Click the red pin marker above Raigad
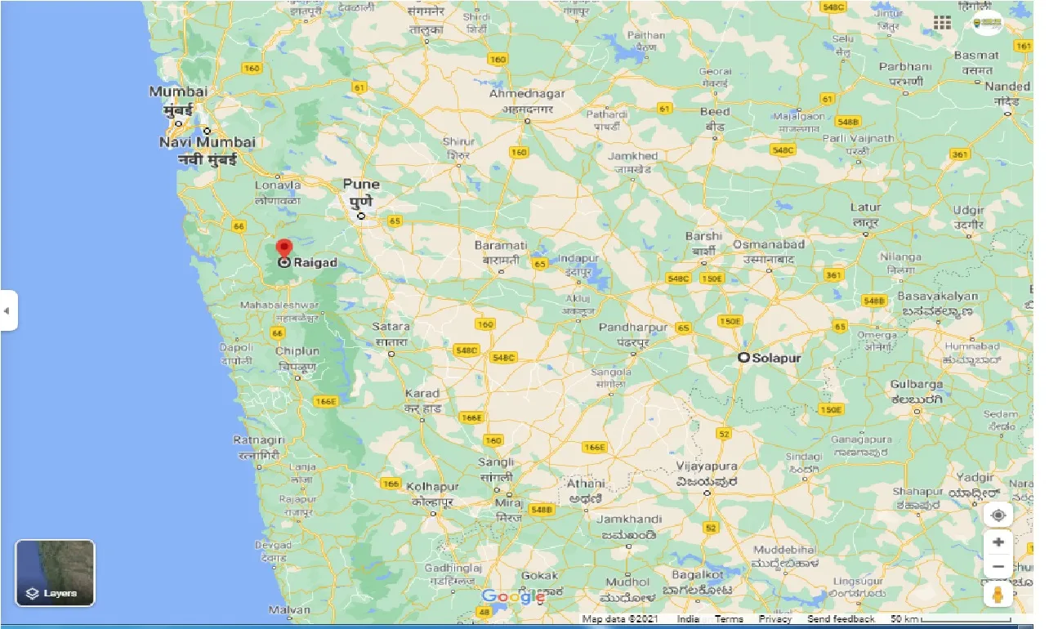pos(283,248)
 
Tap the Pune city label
pos(361,184)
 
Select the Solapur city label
pos(776,358)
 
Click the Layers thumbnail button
pos(56,573)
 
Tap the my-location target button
pos(998,515)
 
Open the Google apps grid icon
pos(942,23)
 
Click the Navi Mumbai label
pos(208,142)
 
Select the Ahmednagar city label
pos(527,94)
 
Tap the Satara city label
pos(391,327)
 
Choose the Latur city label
pos(865,207)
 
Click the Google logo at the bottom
pos(513,597)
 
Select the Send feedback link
pos(841,619)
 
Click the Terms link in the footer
pos(729,619)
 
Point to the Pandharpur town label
pos(632,328)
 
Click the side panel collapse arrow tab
pos(7,310)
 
